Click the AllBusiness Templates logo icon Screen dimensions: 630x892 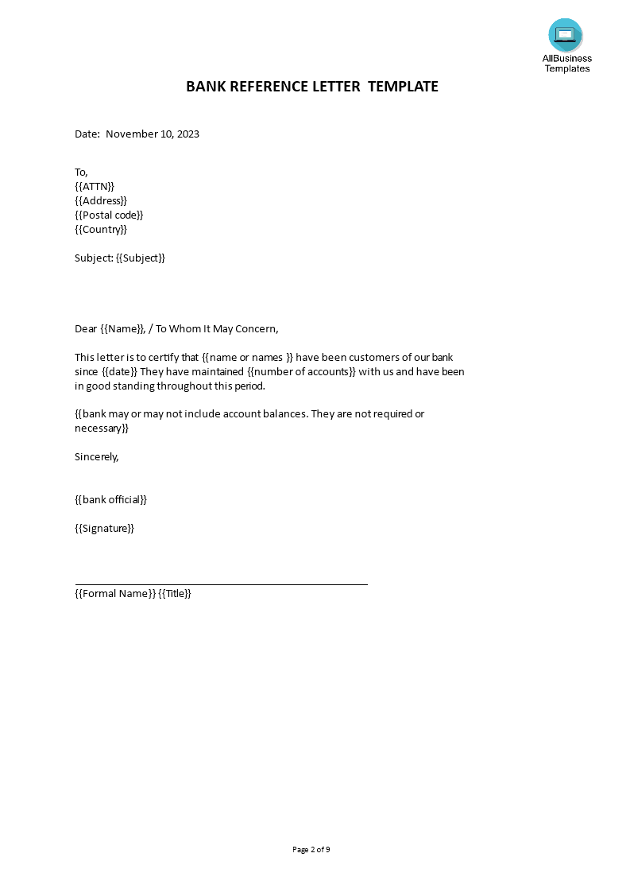pyautogui.click(x=565, y=35)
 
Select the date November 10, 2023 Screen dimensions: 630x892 pyautogui.click(x=153, y=134)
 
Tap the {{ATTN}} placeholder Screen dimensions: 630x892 pyautogui.click(x=95, y=186)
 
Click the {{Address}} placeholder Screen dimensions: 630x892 pyautogui.click(x=101, y=200)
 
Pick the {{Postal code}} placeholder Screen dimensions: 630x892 pyautogui.click(x=110, y=215)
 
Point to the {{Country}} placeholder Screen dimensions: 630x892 pyautogui.click(x=101, y=229)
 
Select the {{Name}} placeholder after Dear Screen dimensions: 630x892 pyautogui.click(x=123, y=328)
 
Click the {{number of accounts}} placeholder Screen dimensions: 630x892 pyautogui.click(x=301, y=371)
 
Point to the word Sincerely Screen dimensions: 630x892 pyautogui.click(x=96, y=456)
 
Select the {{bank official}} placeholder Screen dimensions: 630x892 pyautogui.click(x=111, y=499)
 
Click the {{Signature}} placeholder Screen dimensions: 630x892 pyautogui.click(x=104, y=528)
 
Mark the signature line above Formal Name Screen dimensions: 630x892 pyautogui.click(x=221, y=584)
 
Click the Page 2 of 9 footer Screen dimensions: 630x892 pyautogui.click(x=311, y=849)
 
